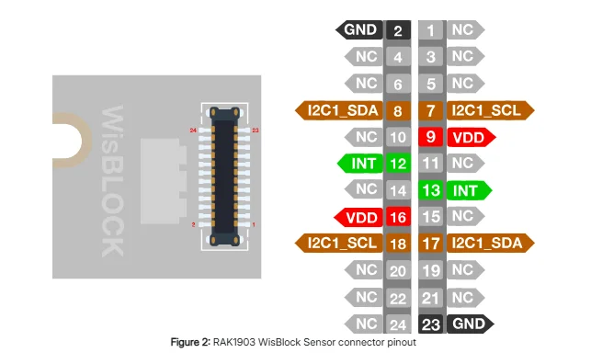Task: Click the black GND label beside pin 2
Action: pos(359,29)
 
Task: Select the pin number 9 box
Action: pos(430,137)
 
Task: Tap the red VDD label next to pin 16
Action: pos(358,218)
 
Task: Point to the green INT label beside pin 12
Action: pos(360,164)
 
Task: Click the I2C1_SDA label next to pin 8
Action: pos(339,110)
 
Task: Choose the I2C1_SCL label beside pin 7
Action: pos(491,110)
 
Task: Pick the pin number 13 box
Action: pos(430,190)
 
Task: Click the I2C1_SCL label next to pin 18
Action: pos(339,243)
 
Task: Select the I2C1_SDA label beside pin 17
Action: pos(491,243)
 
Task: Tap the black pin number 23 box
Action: pos(430,324)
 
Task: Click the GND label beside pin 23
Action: pos(471,324)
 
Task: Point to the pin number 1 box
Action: pos(430,30)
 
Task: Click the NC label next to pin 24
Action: pos(364,324)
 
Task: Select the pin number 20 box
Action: pos(398,270)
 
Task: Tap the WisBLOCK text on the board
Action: pos(112,181)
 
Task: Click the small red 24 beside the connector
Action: pos(193,131)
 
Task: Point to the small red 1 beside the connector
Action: pos(254,224)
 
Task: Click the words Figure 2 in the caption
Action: pos(190,342)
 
